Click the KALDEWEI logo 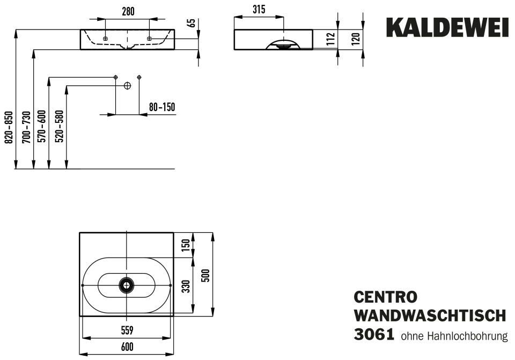click(447, 27)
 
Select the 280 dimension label click(128, 11)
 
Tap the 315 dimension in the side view click(259, 10)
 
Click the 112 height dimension click(331, 39)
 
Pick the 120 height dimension click(356, 39)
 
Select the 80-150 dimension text click(162, 107)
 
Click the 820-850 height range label click(9, 127)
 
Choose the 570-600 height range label click(42, 127)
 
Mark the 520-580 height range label click(60, 127)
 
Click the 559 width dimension click(127, 330)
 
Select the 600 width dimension click(127, 347)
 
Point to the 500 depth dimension click(205, 275)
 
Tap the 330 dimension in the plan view click(186, 286)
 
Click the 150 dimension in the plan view click(186, 245)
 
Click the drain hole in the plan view click(127, 285)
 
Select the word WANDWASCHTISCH click(430, 316)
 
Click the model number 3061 click(374, 335)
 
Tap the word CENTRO click(386, 297)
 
